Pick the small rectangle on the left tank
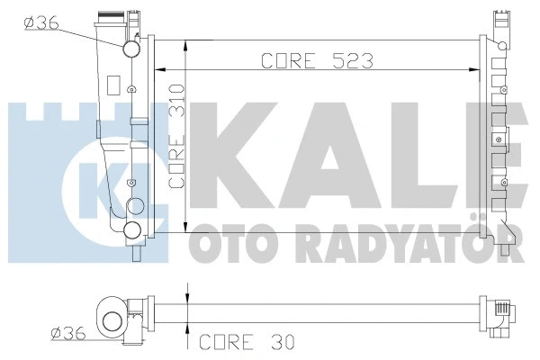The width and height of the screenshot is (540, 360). coord(112,85)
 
